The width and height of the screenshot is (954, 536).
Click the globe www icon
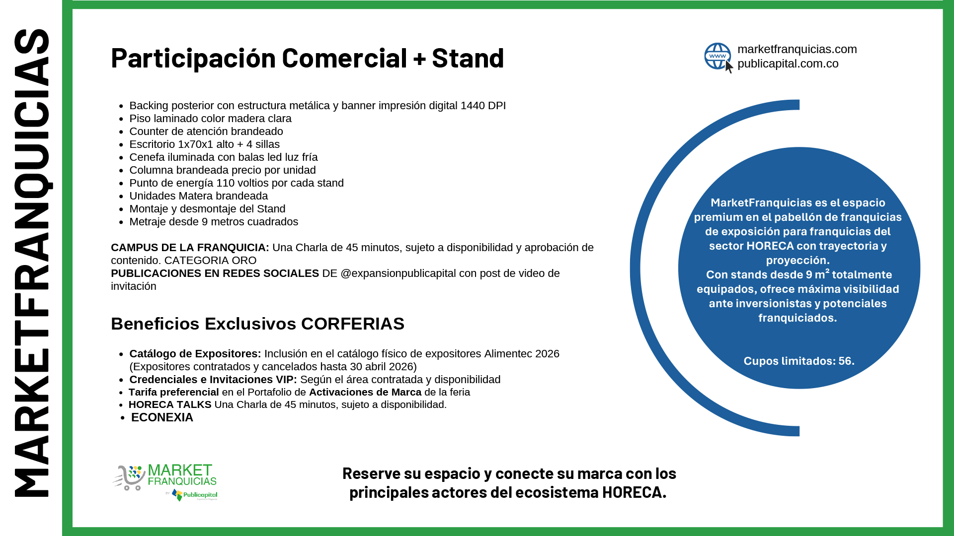tap(718, 57)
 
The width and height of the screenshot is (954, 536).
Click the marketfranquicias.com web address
tap(797, 49)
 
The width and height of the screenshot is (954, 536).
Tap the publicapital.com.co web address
tap(788, 64)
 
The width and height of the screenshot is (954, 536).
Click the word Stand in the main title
tap(468, 58)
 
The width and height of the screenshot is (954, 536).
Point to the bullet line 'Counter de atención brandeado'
tap(206, 132)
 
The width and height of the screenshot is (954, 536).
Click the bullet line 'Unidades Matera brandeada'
tap(199, 196)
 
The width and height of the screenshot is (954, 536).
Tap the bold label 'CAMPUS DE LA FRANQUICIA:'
tap(190, 248)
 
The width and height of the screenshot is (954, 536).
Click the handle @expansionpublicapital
tap(398, 273)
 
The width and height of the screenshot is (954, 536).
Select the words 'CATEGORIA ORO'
tap(210, 261)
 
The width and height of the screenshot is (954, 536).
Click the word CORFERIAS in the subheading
tap(353, 324)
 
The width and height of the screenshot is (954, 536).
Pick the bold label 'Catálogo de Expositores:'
tap(195, 354)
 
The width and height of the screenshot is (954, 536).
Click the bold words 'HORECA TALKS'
tap(170, 404)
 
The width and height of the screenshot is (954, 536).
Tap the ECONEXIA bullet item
tap(162, 417)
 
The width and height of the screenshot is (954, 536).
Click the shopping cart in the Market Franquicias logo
tap(129, 478)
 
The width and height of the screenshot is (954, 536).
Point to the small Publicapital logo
tap(195, 495)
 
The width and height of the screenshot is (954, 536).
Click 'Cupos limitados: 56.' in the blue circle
tap(799, 361)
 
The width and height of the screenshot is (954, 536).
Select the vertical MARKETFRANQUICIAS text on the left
tap(32, 263)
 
